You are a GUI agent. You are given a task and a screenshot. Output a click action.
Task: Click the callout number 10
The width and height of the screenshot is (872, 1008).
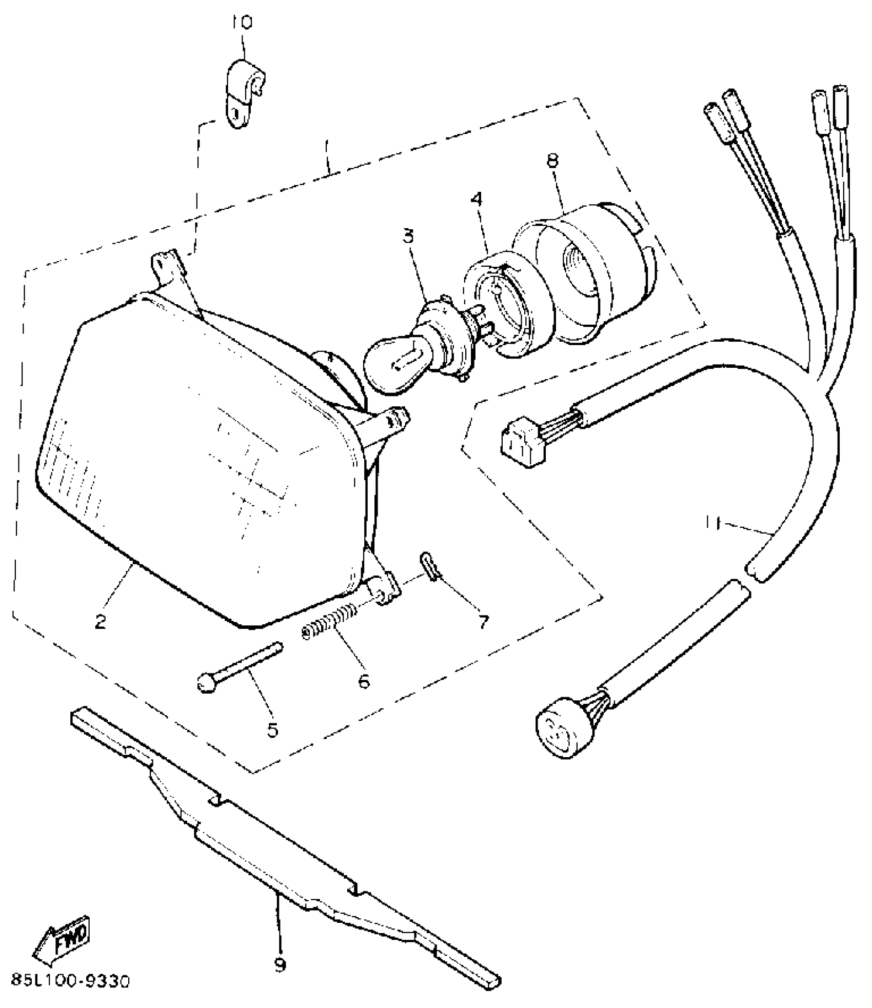[242, 23]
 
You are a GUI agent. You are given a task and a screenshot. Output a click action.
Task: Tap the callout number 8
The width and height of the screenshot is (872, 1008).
[552, 160]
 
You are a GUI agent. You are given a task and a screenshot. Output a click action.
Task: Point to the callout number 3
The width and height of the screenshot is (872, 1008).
[408, 239]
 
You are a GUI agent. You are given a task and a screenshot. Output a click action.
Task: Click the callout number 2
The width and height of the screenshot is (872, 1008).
[101, 622]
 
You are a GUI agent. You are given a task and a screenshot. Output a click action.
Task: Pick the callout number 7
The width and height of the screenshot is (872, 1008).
[483, 621]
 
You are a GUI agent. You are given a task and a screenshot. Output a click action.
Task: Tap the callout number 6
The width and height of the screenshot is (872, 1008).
[363, 681]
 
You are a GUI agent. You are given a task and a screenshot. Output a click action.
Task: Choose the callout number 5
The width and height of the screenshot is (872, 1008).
[272, 729]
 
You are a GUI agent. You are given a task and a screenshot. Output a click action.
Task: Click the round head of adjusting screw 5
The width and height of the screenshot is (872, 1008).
[206, 683]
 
